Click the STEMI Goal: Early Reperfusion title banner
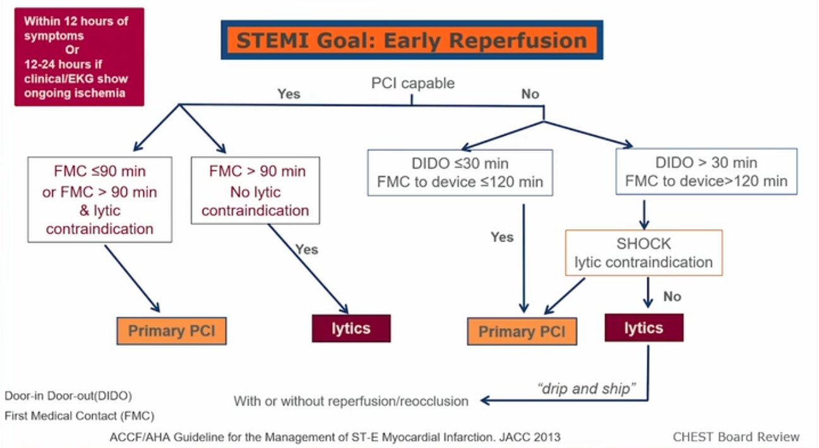tap(412, 40)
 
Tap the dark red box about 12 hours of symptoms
tap(80, 57)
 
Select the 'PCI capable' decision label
tap(413, 83)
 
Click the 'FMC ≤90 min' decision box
tap(100, 199)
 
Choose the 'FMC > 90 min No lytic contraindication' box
tap(255, 191)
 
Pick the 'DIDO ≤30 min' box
tap(460, 172)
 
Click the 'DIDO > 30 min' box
tap(707, 172)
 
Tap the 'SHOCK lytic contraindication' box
tap(644, 252)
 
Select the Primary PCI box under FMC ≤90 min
tap(172, 331)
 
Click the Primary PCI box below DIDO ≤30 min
tap(522, 331)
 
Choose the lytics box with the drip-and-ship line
tap(644, 327)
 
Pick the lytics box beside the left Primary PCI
tap(351, 329)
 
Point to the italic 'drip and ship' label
tap(587, 389)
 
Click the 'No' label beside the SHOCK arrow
tap(672, 297)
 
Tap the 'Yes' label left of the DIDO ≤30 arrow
tap(502, 237)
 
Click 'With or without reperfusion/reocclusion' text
tap(351, 401)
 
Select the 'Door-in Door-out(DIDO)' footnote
tap(68, 396)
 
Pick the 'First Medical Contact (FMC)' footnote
tap(80, 416)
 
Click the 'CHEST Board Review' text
tap(736, 437)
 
